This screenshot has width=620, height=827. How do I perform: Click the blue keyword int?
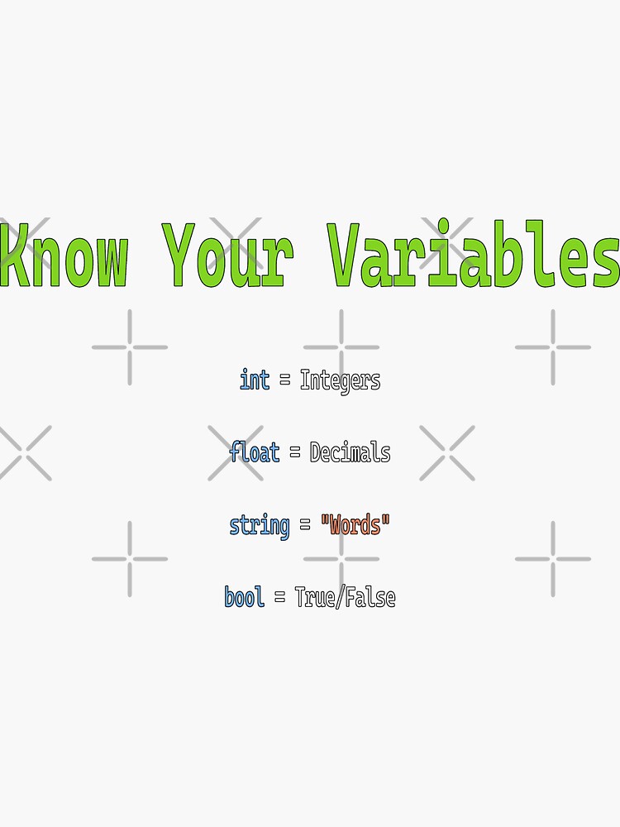255,380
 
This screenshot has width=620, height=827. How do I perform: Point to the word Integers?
340,380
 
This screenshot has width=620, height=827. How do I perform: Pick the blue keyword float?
255,452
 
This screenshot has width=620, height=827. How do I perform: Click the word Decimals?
350,452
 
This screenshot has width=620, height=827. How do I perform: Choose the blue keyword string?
260,525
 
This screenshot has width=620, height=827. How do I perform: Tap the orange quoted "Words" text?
355,525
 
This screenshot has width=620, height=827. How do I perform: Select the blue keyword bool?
245,597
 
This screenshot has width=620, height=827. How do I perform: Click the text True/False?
345,597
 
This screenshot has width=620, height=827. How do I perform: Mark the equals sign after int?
285,381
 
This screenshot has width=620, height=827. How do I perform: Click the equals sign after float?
295,453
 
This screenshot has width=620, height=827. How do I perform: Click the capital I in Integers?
304,380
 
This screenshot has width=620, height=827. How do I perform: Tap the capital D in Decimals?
315,452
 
